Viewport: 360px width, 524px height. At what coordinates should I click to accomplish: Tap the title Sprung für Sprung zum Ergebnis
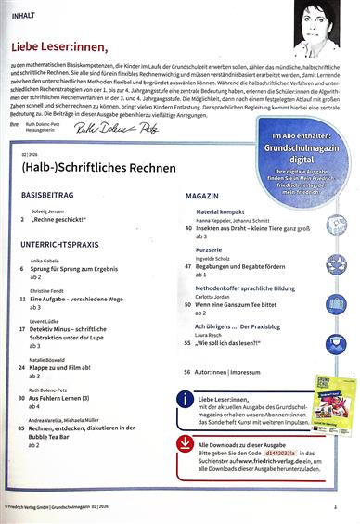[84, 270]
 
